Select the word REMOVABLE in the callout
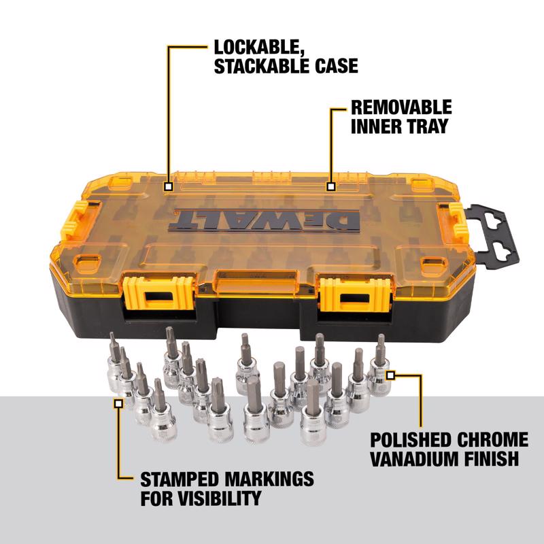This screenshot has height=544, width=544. [401, 107]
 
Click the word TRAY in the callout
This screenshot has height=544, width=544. [415, 126]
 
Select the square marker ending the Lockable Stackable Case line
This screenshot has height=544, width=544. [168, 186]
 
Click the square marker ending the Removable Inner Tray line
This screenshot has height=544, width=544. [331, 186]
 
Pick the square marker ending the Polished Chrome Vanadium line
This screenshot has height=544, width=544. [390, 374]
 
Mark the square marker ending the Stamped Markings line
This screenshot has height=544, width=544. [118, 403]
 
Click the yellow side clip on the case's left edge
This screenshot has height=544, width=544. [73, 217]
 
